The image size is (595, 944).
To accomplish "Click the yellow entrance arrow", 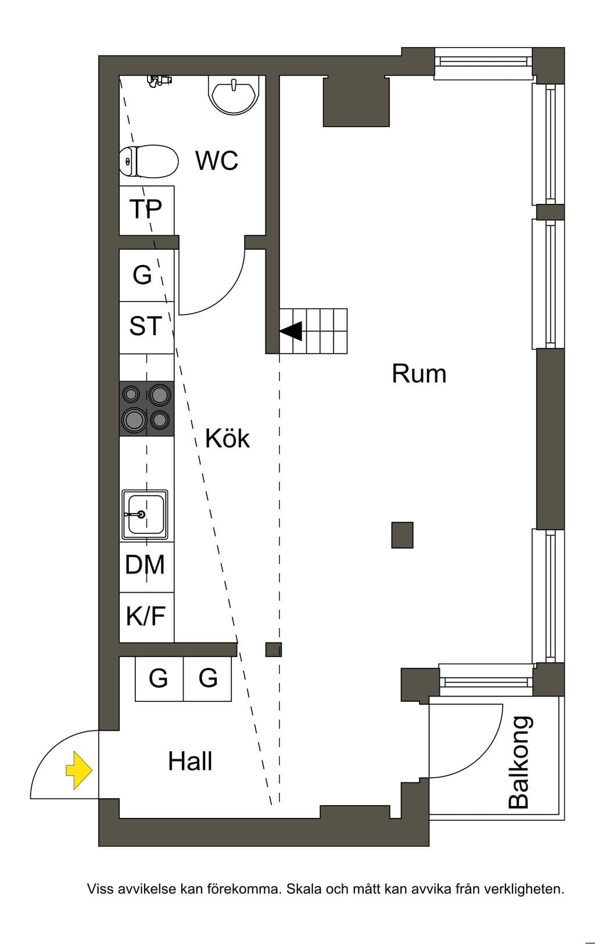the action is (79, 770).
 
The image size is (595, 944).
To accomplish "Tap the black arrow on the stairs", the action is (291, 331).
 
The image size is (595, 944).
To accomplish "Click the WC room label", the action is (217, 160).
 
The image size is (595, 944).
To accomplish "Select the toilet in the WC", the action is (148, 161).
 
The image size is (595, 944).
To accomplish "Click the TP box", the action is (146, 210).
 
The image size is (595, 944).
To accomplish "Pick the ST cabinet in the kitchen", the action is (146, 327).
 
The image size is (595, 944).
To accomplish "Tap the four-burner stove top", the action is (146, 408).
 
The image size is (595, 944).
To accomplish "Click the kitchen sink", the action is (145, 515).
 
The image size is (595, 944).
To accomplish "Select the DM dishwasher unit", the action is (146, 567).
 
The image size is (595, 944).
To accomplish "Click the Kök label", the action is (227, 438).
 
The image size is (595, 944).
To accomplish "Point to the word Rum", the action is (419, 374).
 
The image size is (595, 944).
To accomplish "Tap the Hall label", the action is (190, 762).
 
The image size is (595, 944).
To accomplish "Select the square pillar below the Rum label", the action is (402, 535).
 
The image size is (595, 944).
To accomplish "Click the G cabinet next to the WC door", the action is (146, 275).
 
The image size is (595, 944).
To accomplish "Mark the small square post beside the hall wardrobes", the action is (273, 649).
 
